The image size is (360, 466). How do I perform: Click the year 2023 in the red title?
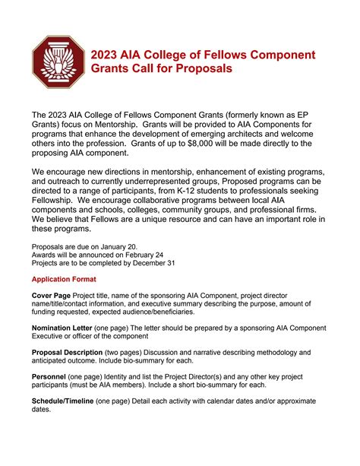coord(106,55)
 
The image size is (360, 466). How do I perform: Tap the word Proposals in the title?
coord(200,69)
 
